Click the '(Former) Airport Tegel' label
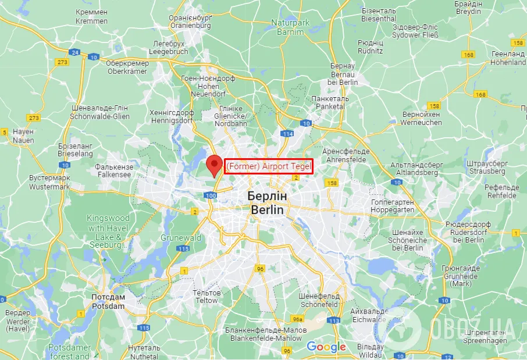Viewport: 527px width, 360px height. (x=269, y=167)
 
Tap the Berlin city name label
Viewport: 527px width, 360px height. (x=268, y=202)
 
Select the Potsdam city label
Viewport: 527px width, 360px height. (x=108, y=301)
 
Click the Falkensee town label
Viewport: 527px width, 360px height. (x=114, y=170)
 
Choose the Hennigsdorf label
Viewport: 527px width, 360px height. (x=172, y=116)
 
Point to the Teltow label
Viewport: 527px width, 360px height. (x=206, y=297)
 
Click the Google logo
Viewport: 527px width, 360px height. (x=326, y=347)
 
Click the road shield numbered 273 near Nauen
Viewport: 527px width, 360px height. (x=34, y=117)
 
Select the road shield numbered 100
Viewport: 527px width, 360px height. (x=211, y=195)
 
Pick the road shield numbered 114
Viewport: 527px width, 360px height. (x=287, y=134)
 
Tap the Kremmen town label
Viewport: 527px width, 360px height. (x=91, y=16)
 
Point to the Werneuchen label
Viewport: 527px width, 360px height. (x=421, y=119)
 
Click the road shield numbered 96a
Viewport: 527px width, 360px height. (x=298, y=319)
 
